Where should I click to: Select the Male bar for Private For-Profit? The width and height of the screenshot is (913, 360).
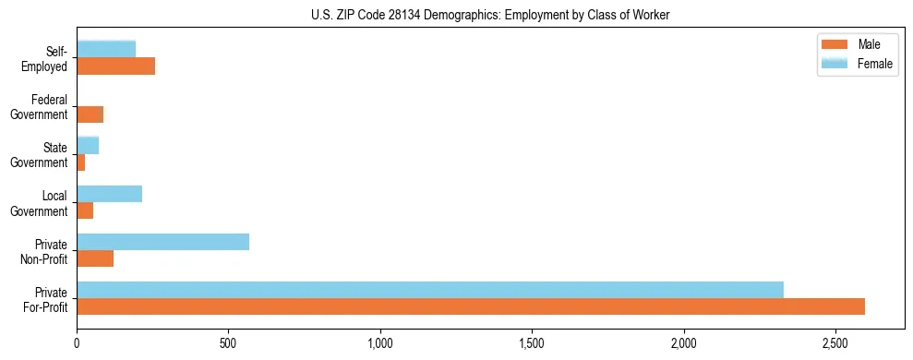point(471,306)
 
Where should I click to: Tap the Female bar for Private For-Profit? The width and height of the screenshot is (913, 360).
point(430,290)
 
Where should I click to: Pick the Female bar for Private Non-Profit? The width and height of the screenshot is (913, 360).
point(163,242)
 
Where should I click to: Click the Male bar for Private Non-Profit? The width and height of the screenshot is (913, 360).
point(95,258)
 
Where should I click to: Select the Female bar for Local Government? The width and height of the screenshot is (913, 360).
point(110,194)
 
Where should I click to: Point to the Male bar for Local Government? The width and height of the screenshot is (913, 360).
point(85,210)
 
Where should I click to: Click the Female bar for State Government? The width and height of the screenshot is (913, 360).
point(88,146)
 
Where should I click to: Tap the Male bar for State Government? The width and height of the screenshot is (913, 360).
point(81,162)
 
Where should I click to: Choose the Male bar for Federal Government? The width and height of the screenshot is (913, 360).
point(90,114)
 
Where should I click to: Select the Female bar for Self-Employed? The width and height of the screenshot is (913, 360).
point(106,49)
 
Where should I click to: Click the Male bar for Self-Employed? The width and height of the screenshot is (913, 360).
point(116,66)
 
